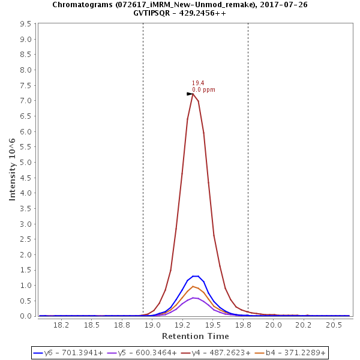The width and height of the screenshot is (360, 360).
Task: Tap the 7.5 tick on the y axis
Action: coord(26,101)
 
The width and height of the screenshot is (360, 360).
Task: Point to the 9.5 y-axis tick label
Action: coord(26,24)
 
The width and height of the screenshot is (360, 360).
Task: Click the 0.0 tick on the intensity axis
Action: coord(26,316)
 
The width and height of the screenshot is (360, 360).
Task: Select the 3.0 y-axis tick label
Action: coord(26,224)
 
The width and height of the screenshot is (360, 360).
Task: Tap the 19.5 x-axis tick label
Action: coord(213,325)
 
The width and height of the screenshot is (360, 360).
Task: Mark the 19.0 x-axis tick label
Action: coord(152,325)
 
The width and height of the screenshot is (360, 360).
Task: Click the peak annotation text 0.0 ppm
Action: coord(203,90)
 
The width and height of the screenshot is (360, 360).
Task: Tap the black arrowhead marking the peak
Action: coord(190,94)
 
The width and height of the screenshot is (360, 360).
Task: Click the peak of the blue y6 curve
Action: coord(195,276)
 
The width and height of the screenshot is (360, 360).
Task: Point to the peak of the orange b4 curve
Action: coord(193,286)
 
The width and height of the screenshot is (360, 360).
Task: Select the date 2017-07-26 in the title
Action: coord(286,4)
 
